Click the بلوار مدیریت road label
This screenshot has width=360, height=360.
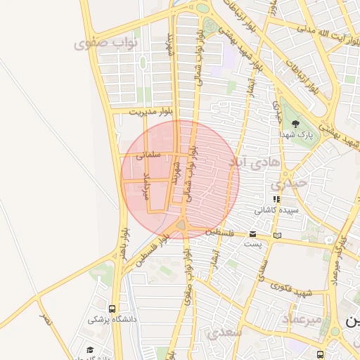pos(150,111)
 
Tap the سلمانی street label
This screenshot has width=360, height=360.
pos(151,154)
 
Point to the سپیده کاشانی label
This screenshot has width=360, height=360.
pos(276,210)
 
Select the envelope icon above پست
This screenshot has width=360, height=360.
pos(252,234)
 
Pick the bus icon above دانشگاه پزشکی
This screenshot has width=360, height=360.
pos(113,309)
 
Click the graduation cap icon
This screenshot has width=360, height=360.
pos(90,349)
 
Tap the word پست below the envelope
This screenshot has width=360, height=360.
pos(252,243)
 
